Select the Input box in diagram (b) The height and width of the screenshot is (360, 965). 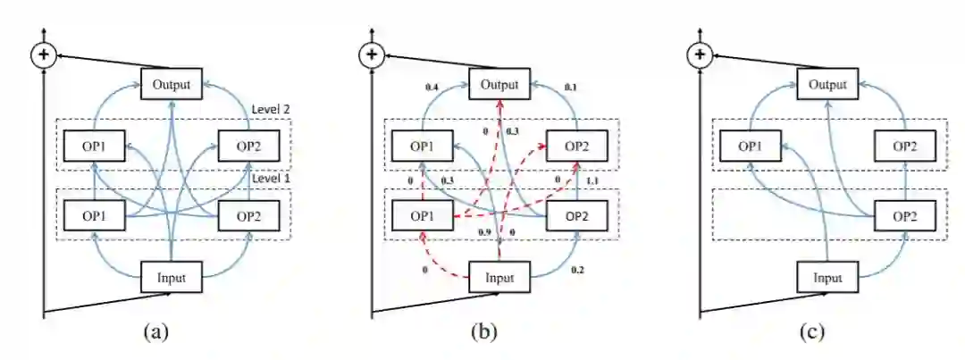coord(499,277)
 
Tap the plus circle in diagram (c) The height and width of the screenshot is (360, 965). coord(700,55)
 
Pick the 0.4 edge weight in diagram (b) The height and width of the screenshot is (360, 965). coord(432,87)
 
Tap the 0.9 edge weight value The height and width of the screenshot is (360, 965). coord(485,232)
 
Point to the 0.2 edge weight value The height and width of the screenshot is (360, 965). coord(578,268)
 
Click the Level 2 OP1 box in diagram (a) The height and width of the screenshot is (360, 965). coord(95,145)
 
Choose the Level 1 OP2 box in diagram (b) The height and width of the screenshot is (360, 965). coord(578,214)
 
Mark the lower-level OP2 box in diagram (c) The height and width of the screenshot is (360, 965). coord(906,214)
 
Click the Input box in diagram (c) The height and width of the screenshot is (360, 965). coord(827,277)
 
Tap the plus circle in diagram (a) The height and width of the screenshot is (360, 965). coord(43,55)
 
